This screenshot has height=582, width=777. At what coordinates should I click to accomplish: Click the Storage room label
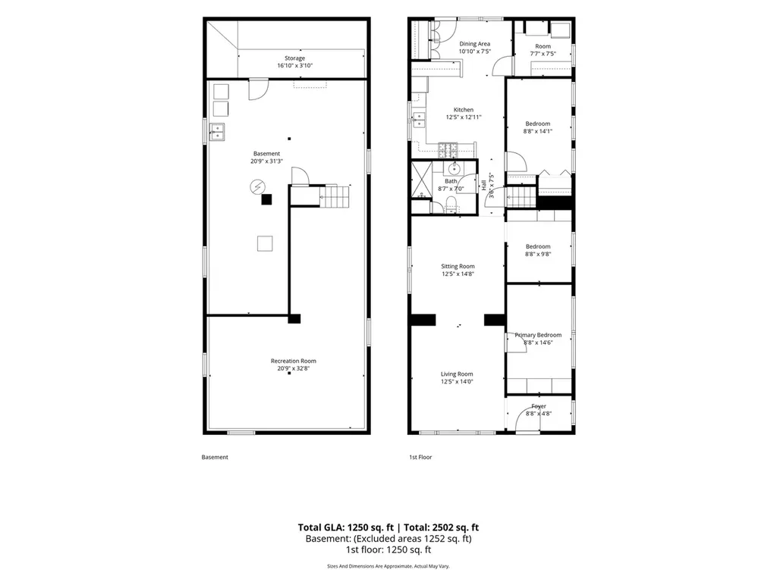click(294, 58)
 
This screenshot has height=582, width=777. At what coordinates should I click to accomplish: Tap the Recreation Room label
click(294, 361)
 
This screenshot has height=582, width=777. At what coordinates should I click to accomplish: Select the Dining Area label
click(475, 43)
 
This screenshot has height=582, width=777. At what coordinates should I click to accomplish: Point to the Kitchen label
click(464, 109)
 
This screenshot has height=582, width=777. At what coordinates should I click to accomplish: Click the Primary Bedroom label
click(538, 334)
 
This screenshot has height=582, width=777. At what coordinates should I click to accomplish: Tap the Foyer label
click(539, 406)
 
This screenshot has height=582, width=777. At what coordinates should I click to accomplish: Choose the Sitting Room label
click(458, 266)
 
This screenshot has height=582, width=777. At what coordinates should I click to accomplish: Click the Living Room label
click(457, 374)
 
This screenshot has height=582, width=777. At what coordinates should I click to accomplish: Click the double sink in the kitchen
click(419, 119)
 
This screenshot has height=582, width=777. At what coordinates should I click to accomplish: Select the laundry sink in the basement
click(216, 132)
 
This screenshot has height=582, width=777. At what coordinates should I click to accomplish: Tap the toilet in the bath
click(451, 203)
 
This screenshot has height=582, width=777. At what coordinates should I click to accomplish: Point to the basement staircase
click(334, 195)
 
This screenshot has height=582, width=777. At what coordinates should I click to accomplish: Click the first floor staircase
click(521, 196)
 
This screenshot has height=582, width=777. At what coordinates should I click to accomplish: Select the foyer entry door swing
click(527, 420)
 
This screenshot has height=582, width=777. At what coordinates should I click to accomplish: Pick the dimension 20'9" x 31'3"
click(266, 161)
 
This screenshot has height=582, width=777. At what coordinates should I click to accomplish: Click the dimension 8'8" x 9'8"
click(538, 255)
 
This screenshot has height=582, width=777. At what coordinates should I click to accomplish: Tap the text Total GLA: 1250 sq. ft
click(346, 527)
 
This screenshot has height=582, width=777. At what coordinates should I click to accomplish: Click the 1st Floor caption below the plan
click(420, 457)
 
